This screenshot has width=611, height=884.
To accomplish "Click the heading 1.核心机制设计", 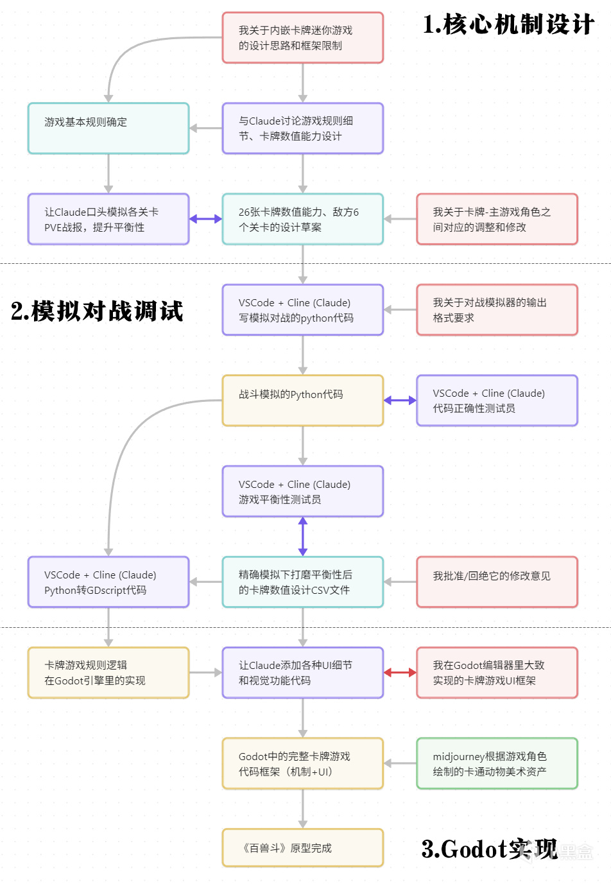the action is (508, 24).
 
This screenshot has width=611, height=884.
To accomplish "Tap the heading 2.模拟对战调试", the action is (97, 311).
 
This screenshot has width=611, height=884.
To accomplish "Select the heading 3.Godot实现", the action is (490, 849).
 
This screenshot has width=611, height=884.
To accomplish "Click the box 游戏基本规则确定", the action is (108, 128).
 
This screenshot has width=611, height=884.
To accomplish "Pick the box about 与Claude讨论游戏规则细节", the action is (302, 128).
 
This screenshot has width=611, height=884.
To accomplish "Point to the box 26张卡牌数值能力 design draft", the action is (302, 219).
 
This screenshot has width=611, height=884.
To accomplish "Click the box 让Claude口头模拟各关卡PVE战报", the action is (108, 219).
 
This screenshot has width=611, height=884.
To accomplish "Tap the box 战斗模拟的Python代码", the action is (302, 401).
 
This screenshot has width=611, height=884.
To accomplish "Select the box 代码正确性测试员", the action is (497, 401).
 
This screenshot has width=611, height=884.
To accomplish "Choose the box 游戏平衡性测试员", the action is (302, 491).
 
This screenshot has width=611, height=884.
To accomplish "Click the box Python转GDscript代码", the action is (108, 582).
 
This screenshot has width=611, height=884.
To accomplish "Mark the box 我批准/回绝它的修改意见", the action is (497, 582).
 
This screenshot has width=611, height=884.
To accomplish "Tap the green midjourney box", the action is (497, 764).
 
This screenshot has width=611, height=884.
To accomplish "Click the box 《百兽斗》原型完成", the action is (302, 848).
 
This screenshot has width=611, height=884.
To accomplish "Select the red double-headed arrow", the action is (400, 673).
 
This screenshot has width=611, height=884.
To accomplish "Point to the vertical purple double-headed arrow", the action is (302, 537).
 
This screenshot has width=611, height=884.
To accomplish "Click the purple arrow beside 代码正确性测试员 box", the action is (400, 401).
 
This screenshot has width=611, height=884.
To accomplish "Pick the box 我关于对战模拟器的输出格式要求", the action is (497, 310).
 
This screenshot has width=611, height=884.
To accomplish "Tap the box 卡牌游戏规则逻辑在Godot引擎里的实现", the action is (108, 673).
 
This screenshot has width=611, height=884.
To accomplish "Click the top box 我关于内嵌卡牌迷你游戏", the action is (302, 37).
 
